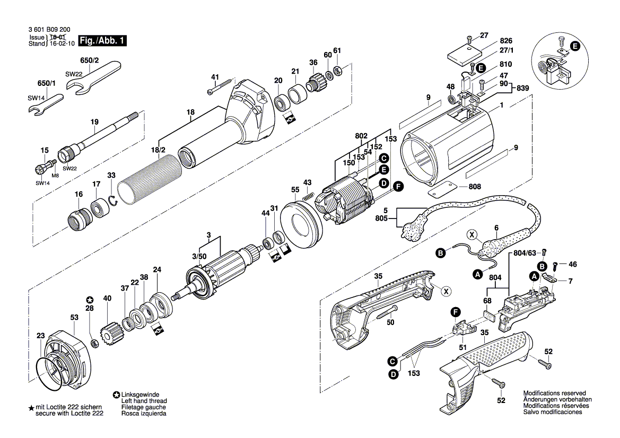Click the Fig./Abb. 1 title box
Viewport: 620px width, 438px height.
pyautogui.click(x=102, y=40)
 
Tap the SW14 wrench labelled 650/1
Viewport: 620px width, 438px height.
pyautogui.click(x=46, y=103)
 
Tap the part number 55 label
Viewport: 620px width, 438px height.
pyautogui.click(x=295, y=189)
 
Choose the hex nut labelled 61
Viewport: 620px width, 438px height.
pyautogui.click(x=340, y=71)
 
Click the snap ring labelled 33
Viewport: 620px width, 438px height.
pyautogui.click(x=113, y=200)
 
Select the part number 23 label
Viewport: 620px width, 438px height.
pyautogui.click(x=40, y=335)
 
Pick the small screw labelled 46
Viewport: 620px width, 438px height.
pyautogui.click(x=554, y=265)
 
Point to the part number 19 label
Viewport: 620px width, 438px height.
pyautogui.click(x=94, y=122)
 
